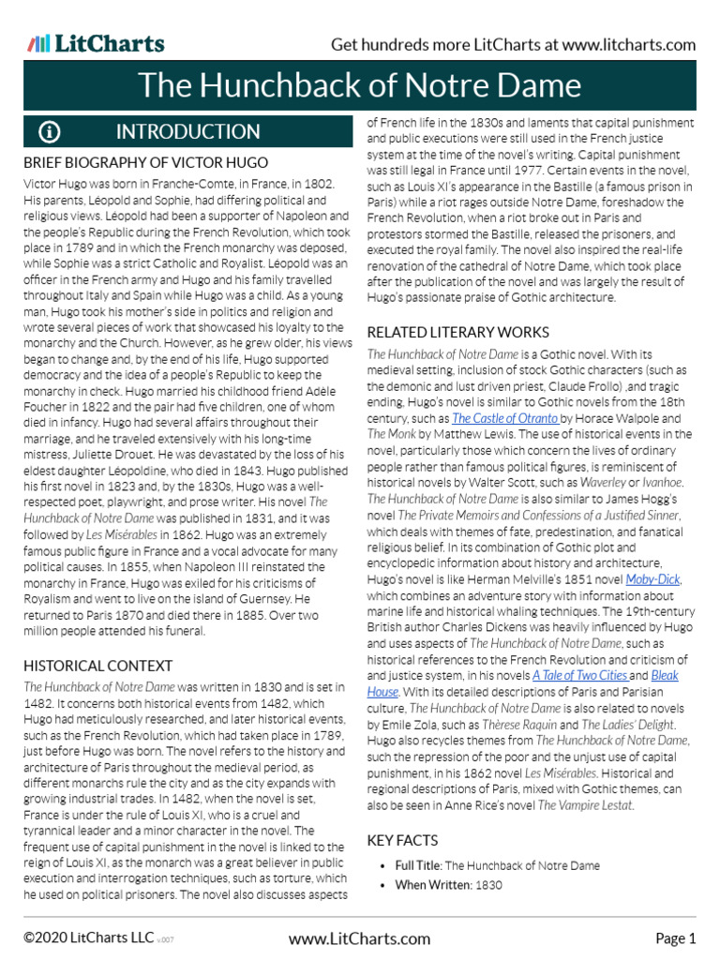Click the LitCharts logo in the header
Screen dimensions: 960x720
[x=96, y=43]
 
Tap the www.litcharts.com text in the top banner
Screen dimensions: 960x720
[x=629, y=45]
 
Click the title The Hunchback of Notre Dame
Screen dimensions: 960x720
[x=360, y=86]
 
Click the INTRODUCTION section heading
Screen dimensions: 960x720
[x=187, y=131]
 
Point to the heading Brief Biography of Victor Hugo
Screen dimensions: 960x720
[x=145, y=162]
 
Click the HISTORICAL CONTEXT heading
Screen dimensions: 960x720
[x=98, y=666]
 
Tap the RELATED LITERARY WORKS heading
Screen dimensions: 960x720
[x=457, y=332]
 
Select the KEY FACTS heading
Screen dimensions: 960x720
[x=402, y=840]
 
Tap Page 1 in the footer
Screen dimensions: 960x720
[x=675, y=938]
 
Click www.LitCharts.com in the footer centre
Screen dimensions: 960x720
[x=360, y=938]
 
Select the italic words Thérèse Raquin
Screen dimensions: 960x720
[x=516, y=724]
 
